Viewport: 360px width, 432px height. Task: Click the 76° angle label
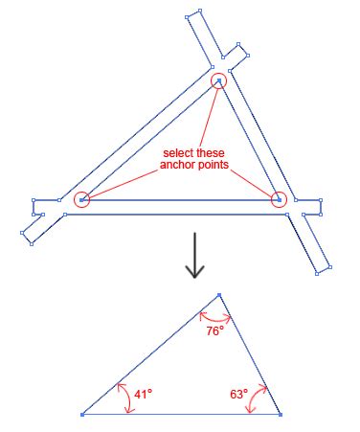(214, 330)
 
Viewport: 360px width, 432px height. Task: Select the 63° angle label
(238, 393)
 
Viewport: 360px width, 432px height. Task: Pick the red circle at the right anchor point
(279, 199)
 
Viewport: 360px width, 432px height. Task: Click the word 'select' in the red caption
(177, 152)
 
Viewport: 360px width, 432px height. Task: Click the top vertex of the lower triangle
(219, 295)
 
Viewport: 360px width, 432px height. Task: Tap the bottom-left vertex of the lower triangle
(82, 415)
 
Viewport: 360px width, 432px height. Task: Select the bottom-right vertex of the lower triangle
(280, 415)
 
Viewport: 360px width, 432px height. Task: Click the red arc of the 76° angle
(214, 317)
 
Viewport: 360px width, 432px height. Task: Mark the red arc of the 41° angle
(124, 397)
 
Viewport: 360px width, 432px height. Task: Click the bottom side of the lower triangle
(182, 415)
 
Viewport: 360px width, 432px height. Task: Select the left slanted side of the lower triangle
(150, 355)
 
